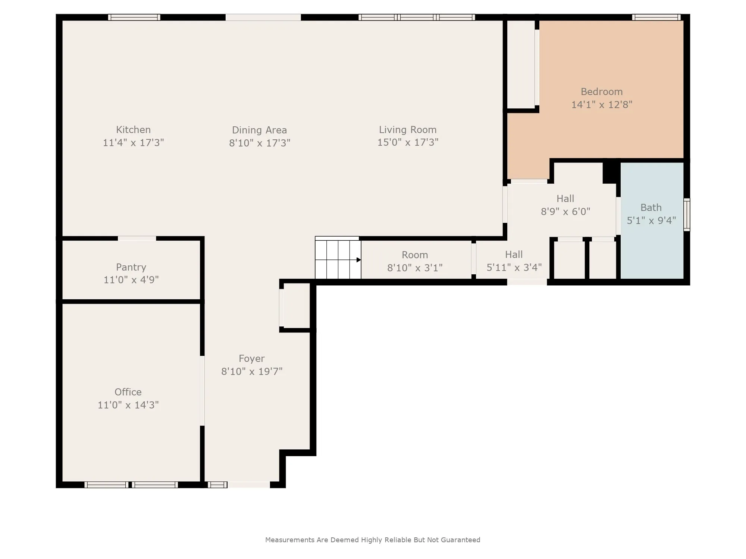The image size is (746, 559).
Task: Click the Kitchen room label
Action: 133,130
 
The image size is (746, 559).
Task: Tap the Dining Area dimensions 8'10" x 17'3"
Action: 260,143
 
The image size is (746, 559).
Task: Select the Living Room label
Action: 408,130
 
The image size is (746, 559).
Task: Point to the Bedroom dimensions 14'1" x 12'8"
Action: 602,104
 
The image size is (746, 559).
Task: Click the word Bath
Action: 651,208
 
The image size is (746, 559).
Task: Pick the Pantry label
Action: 131,267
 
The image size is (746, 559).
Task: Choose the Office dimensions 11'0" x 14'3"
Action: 128,405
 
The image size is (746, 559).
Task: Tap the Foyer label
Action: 252,359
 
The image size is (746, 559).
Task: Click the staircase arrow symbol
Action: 358,260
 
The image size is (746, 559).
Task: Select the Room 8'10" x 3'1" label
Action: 415,261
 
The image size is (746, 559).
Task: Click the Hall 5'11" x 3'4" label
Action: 514,261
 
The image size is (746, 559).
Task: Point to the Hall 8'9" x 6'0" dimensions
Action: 565,212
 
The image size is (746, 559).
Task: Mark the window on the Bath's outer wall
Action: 687,215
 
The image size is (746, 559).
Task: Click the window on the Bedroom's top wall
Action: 656,17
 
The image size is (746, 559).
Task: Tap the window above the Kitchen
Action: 134,17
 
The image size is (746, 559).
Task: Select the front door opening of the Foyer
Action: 249,485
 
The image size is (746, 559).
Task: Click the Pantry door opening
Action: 137,239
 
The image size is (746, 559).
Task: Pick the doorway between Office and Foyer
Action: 203,391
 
